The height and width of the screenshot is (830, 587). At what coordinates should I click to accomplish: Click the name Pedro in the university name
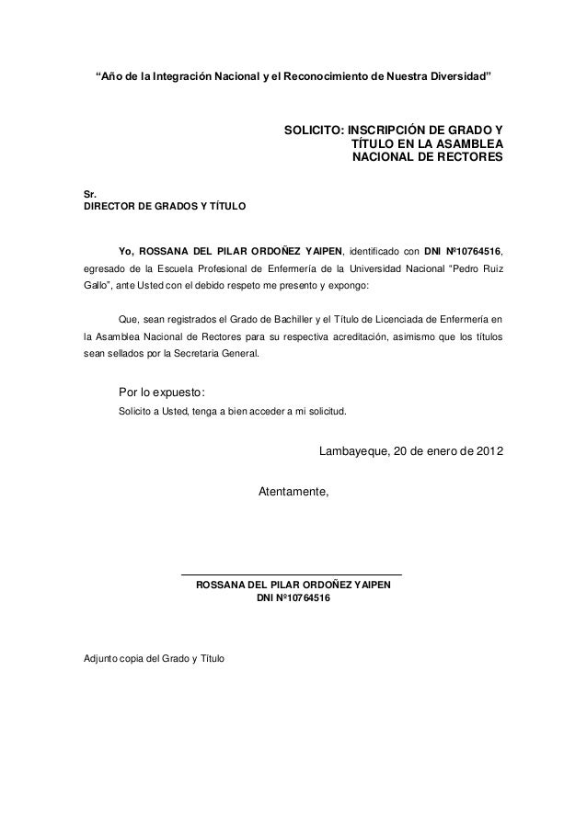click(463, 269)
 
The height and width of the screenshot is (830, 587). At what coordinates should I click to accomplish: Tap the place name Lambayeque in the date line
click(352, 452)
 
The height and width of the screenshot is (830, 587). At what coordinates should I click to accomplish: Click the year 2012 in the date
click(489, 452)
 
